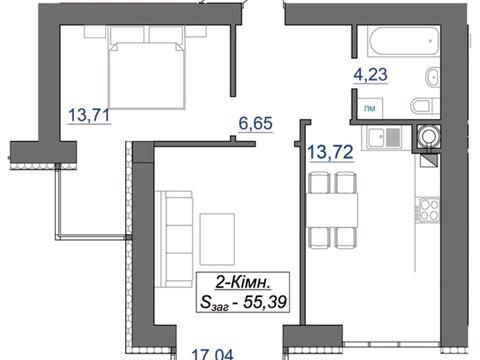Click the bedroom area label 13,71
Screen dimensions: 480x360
[x=89, y=115]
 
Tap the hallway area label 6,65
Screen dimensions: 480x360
[x=256, y=123]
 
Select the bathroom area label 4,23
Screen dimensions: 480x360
[x=370, y=74]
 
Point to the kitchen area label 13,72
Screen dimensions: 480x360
[x=330, y=152]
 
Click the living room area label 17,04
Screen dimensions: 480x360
[x=213, y=354]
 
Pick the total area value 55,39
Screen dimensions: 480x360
[x=265, y=303]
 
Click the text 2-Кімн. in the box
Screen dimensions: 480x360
[x=243, y=283]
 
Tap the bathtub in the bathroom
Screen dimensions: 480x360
[x=403, y=41]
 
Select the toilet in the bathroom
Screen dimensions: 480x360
[x=425, y=107]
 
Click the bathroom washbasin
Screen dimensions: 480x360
[x=433, y=77]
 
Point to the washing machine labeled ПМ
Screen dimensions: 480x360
[x=370, y=108]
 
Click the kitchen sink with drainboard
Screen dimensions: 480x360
[x=385, y=137]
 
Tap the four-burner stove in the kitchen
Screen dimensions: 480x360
[x=429, y=210]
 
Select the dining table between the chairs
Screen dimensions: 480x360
[x=332, y=210]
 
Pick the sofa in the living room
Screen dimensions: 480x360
[x=174, y=239]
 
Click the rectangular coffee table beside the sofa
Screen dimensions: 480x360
[x=217, y=239]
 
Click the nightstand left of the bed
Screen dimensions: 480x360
[x=95, y=32]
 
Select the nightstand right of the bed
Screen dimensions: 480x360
[x=196, y=31]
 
